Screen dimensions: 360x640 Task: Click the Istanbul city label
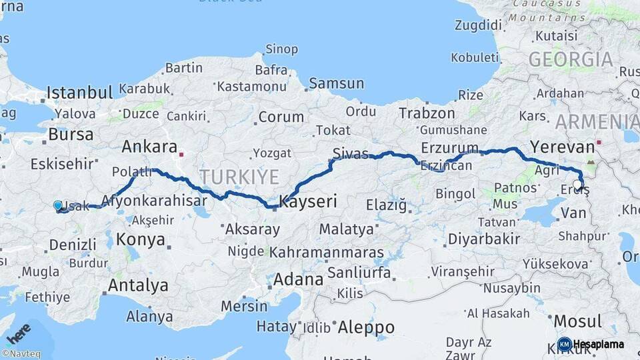pos(79,92)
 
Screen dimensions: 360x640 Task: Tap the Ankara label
pos(150,147)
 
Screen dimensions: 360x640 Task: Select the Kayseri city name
pos(309,201)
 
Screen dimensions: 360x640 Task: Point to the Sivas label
pos(351,154)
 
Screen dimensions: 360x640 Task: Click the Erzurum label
pos(449,148)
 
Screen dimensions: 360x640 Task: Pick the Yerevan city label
pos(561,147)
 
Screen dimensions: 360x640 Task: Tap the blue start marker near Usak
pos(58,206)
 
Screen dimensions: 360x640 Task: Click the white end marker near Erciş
pos(577,185)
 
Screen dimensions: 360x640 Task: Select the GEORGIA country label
pos(571,60)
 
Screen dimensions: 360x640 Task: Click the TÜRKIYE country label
pos(239,177)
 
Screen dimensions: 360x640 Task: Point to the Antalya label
pos(138,286)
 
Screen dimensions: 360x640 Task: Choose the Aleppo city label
pos(366,327)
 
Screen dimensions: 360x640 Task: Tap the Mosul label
pos(577,321)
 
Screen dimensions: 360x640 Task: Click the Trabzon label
pos(427,113)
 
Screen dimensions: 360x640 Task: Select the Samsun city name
pos(336,84)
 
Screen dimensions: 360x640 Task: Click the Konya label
pos(140,239)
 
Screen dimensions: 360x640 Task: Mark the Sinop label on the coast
pos(281,49)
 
